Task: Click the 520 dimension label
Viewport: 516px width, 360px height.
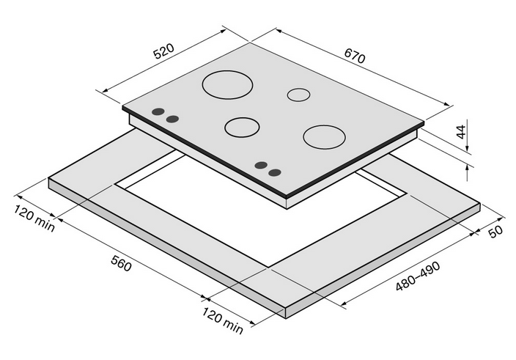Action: click(x=163, y=51)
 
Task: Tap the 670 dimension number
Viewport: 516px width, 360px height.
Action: click(x=355, y=56)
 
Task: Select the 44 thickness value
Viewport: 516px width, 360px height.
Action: click(x=462, y=132)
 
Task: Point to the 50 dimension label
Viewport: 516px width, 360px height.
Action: click(x=495, y=231)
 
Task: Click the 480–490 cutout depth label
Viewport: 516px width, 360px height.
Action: click(x=418, y=276)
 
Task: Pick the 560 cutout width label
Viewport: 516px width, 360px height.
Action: click(x=121, y=263)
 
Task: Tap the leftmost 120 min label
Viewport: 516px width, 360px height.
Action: click(x=34, y=218)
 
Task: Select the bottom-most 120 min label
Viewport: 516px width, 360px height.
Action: click(x=222, y=320)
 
